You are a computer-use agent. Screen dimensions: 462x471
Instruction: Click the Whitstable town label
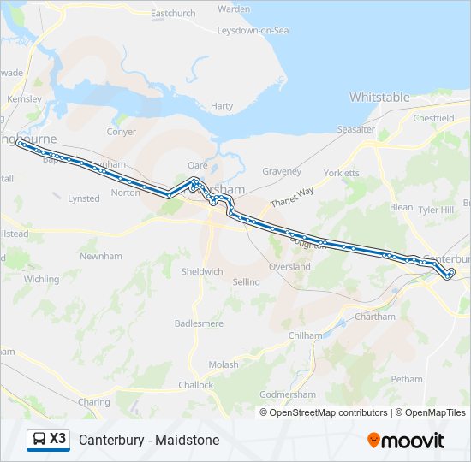(379, 98)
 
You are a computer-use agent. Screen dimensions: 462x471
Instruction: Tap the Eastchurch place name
(173, 14)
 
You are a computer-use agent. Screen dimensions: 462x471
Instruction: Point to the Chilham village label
(305, 336)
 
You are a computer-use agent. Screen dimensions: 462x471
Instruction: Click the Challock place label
(196, 385)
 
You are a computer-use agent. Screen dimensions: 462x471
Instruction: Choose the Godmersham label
(288, 394)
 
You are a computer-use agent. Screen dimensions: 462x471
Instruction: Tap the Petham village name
(407, 379)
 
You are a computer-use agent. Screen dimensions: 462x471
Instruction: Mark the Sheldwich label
(202, 271)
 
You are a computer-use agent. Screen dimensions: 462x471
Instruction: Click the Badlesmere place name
(199, 323)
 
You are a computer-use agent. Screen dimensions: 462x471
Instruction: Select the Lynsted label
(84, 198)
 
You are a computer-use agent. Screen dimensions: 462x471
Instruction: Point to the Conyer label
(122, 132)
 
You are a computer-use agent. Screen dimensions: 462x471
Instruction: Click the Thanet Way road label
(294, 198)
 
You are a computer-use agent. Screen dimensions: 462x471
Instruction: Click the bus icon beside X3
(39, 439)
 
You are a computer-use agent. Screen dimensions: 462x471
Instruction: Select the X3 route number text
(57, 439)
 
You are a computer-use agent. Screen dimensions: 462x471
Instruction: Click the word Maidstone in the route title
(186, 440)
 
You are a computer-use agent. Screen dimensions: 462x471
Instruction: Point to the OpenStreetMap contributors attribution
(328, 412)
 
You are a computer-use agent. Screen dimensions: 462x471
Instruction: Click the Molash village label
(224, 364)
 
